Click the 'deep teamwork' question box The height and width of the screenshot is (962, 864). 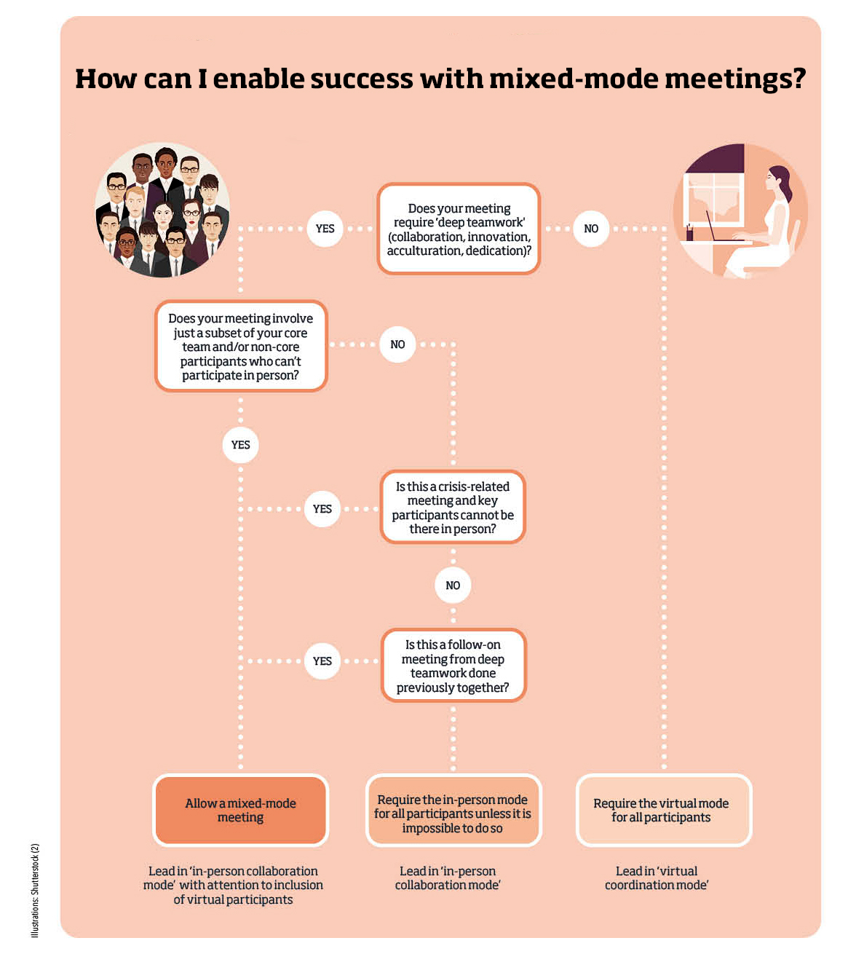click(x=459, y=229)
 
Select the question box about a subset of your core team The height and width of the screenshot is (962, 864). click(x=241, y=347)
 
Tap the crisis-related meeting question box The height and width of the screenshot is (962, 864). click(x=453, y=508)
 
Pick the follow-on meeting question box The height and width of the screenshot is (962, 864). click(x=453, y=666)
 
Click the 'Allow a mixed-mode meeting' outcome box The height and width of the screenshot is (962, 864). click(x=241, y=811)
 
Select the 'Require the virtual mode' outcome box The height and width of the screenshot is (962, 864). click(x=662, y=811)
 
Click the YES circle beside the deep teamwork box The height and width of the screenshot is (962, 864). click(x=325, y=229)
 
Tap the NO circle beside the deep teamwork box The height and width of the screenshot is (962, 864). click(x=591, y=229)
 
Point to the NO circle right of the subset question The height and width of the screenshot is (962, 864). click(x=397, y=344)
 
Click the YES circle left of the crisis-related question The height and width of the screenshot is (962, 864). click(x=322, y=509)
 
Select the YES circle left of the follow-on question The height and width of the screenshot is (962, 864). click(x=322, y=661)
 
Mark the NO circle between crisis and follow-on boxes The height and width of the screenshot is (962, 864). click(x=453, y=586)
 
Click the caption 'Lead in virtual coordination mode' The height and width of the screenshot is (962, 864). click(x=657, y=878)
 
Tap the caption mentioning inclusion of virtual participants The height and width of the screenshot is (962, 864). click(x=233, y=886)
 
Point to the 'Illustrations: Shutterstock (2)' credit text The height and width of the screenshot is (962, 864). click(x=35, y=890)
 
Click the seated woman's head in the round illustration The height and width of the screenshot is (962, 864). click(x=777, y=177)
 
